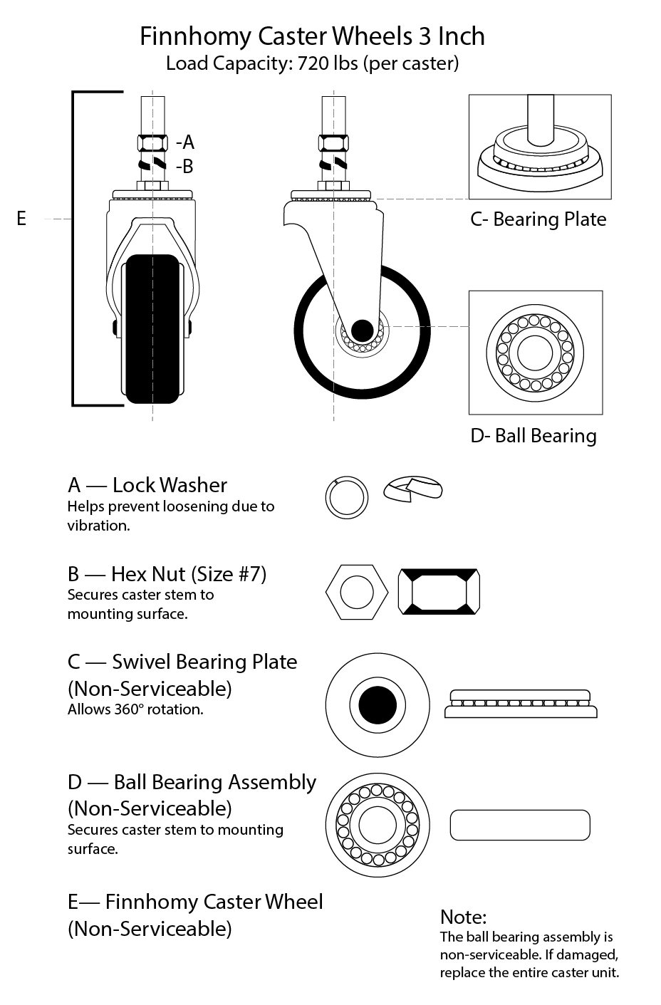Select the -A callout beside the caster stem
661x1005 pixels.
(x=184, y=141)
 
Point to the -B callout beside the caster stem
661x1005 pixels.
(x=184, y=167)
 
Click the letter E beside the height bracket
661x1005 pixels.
(x=21, y=219)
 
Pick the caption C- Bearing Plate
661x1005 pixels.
(x=538, y=219)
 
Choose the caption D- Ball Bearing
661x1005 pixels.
(x=533, y=436)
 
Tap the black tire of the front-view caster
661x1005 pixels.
(x=151, y=328)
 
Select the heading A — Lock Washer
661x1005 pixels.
(x=147, y=485)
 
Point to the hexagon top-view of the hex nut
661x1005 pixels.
(x=357, y=591)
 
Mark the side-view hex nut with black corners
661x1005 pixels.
(x=439, y=591)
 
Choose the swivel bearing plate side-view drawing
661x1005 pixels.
(x=521, y=704)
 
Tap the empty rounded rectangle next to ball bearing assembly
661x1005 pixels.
(x=520, y=825)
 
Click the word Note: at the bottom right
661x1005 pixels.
(x=463, y=917)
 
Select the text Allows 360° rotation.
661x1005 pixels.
(x=135, y=709)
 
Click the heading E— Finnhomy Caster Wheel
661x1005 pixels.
(x=195, y=902)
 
